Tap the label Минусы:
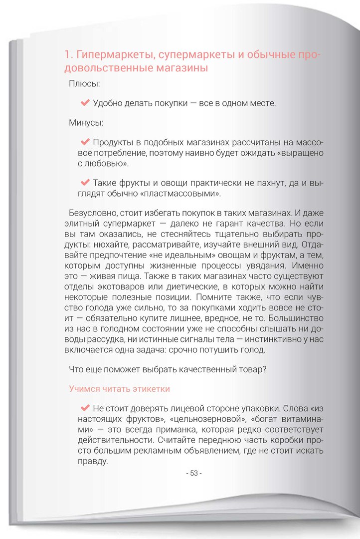click(86, 122)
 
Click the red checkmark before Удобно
click(84, 103)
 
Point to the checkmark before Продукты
click(84, 142)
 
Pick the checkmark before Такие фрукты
click(84, 182)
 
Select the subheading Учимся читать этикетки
click(120, 388)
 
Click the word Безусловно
click(89, 212)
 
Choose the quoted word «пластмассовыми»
click(187, 193)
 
